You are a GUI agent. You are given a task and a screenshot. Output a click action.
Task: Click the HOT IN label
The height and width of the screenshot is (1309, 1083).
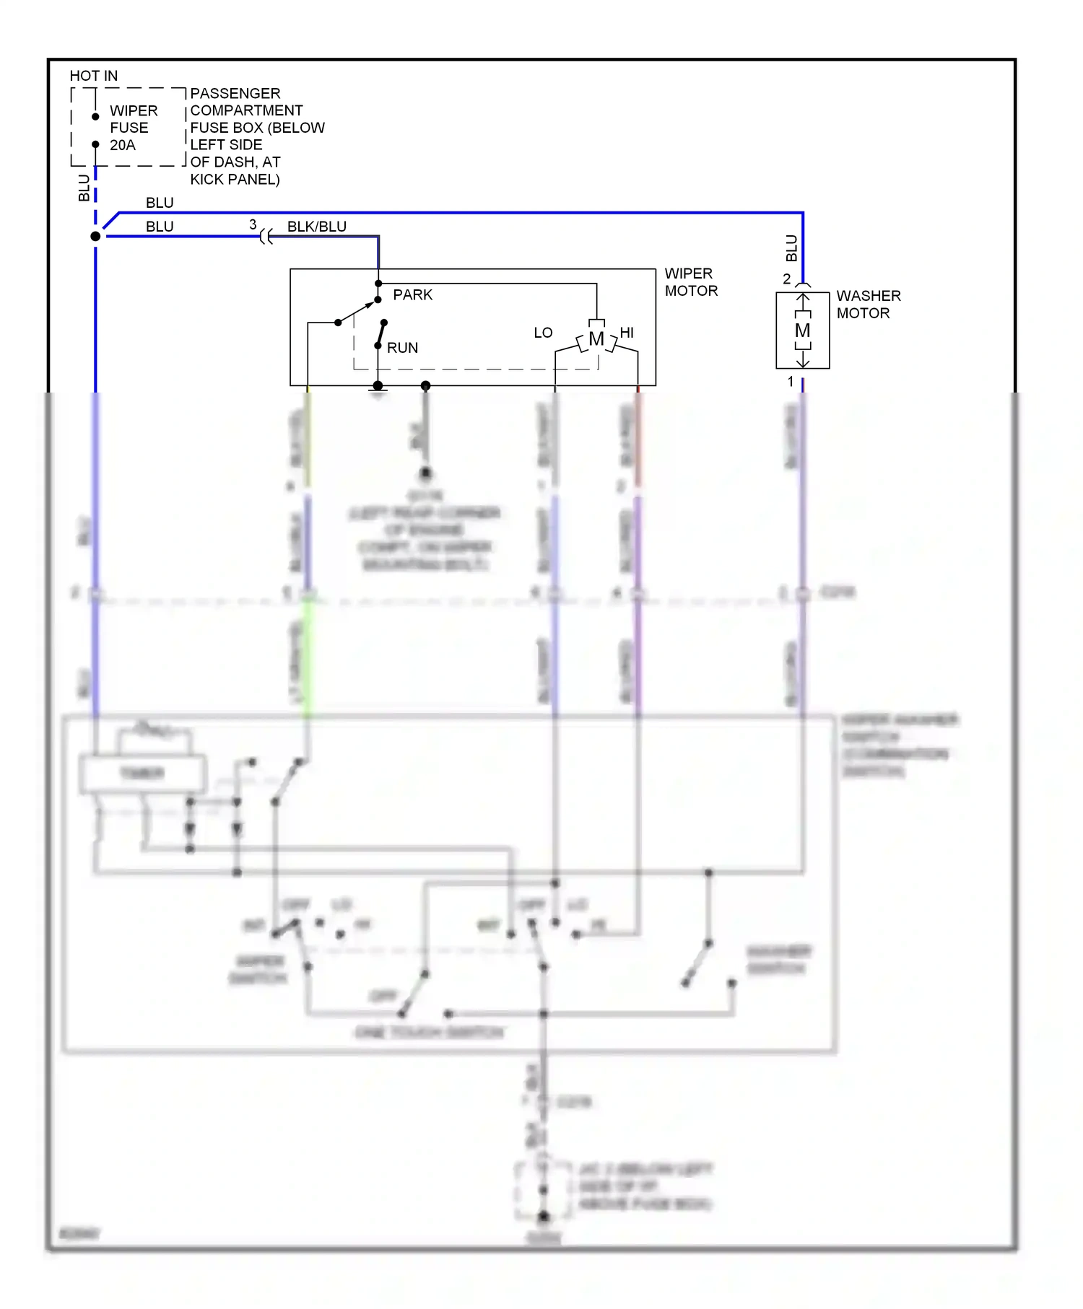(x=93, y=76)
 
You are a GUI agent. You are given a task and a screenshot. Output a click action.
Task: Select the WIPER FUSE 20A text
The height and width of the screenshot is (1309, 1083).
(x=133, y=128)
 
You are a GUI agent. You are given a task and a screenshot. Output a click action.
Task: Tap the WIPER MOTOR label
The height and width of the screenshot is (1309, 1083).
(x=691, y=282)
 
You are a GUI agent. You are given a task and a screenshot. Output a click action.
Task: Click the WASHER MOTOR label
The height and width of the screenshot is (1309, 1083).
(x=868, y=305)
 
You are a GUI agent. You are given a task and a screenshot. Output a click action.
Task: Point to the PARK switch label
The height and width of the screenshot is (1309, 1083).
(x=412, y=295)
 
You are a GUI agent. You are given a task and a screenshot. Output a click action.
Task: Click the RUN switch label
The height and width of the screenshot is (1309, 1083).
(x=402, y=348)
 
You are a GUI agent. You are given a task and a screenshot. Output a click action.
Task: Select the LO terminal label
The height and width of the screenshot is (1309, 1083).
(x=543, y=333)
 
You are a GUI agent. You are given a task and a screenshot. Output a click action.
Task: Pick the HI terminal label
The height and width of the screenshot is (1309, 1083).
(x=627, y=333)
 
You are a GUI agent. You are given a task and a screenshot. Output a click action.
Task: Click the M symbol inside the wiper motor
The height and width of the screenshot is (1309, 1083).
(x=596, y=339)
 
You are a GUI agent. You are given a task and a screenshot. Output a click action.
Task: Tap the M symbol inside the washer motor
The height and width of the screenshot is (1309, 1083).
(x=802, y=330)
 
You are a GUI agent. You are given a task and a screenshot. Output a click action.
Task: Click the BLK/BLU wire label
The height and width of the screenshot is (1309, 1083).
(x=316, y=227)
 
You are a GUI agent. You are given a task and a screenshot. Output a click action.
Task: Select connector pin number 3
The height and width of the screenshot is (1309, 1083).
(x=253, y=224)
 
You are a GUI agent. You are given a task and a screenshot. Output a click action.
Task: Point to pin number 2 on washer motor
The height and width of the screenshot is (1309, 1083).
(x=786, y=279)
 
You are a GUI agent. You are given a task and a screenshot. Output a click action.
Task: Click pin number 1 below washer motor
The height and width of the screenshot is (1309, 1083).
(x=790, y=381)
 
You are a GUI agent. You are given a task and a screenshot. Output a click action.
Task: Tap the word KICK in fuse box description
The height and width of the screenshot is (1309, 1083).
(x=209, y=179)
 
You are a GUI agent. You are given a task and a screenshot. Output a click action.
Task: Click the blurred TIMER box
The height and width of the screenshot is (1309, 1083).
(x=142, y=774)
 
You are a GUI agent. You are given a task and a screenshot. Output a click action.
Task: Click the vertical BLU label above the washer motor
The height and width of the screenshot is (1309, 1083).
(x=791, y=248)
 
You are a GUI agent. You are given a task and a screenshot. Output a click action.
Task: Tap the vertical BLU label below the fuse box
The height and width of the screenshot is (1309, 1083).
(x=84, y=188)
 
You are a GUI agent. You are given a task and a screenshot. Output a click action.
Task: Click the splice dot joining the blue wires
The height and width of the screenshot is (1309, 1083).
(x=95, y=236)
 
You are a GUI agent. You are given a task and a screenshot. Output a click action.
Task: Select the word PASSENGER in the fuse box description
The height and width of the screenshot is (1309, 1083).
(x=235, y=94)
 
